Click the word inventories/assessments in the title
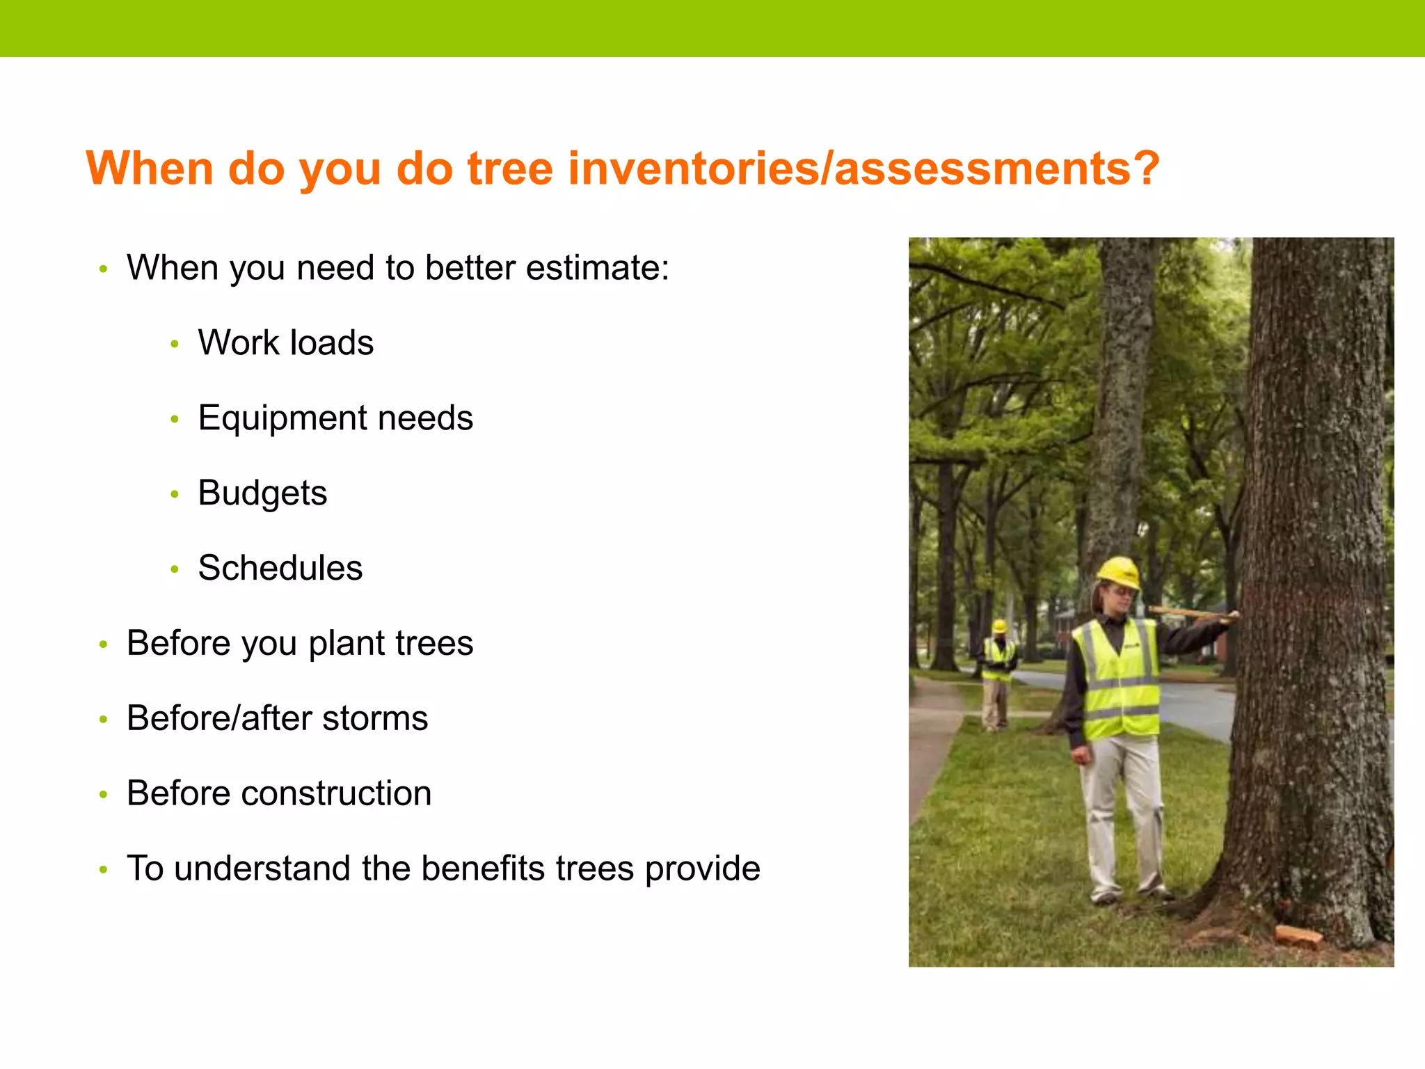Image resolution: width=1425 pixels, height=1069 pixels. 863,169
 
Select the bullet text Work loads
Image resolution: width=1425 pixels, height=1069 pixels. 285,342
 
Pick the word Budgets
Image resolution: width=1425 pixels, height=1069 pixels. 262,493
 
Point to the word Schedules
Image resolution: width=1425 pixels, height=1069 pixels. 280,568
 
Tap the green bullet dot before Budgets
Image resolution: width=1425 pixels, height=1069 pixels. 175,494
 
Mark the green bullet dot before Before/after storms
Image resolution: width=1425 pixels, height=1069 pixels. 103,719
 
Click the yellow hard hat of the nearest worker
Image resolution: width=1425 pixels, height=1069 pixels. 1119,572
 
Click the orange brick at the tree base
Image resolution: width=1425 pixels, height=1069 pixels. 1297,937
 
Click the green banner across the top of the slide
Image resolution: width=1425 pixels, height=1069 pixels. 712,28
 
